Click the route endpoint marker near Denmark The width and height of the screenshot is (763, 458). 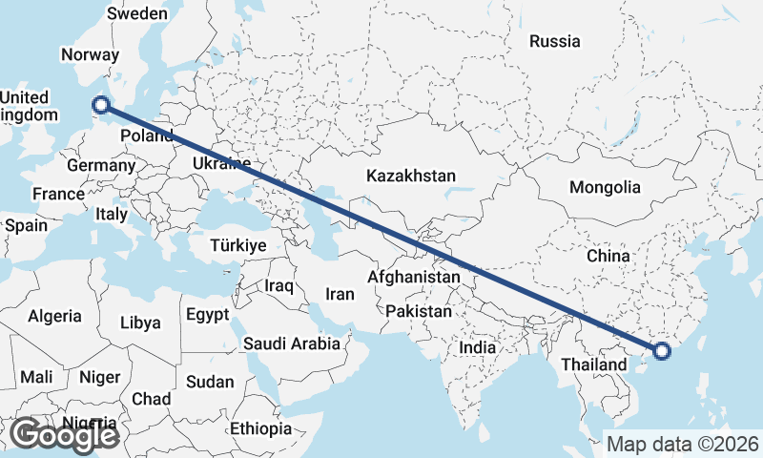100,106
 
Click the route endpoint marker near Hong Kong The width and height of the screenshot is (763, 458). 663,351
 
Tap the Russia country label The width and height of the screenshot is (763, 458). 554,41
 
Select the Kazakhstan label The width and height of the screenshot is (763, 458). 411,176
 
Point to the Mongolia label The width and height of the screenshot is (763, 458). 604,187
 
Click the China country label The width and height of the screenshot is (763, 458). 608,256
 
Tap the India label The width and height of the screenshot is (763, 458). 477,347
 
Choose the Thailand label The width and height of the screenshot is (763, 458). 593,364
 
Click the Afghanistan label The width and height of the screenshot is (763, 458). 415,276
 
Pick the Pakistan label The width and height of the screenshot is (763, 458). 419,311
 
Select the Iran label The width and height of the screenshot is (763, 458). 340,295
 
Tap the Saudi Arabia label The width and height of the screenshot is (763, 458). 292,343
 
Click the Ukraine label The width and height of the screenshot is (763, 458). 221,163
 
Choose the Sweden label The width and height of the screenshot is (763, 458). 137,13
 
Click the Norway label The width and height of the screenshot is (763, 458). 90,54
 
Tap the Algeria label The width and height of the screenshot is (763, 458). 54,316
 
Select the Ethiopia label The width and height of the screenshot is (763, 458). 260,428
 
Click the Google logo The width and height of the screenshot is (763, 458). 64,435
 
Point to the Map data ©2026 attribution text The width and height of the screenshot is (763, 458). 683,444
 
